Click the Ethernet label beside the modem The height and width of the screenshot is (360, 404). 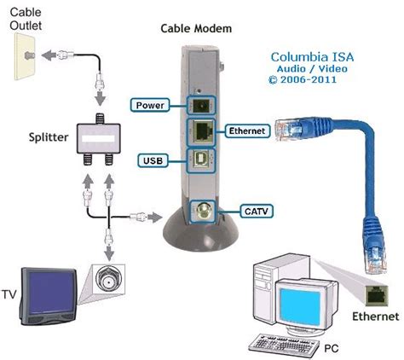[249, 131]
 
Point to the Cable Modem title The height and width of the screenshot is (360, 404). [196, 28]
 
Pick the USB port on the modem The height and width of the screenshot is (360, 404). [204, 160]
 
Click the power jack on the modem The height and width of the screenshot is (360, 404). [203, 104]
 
